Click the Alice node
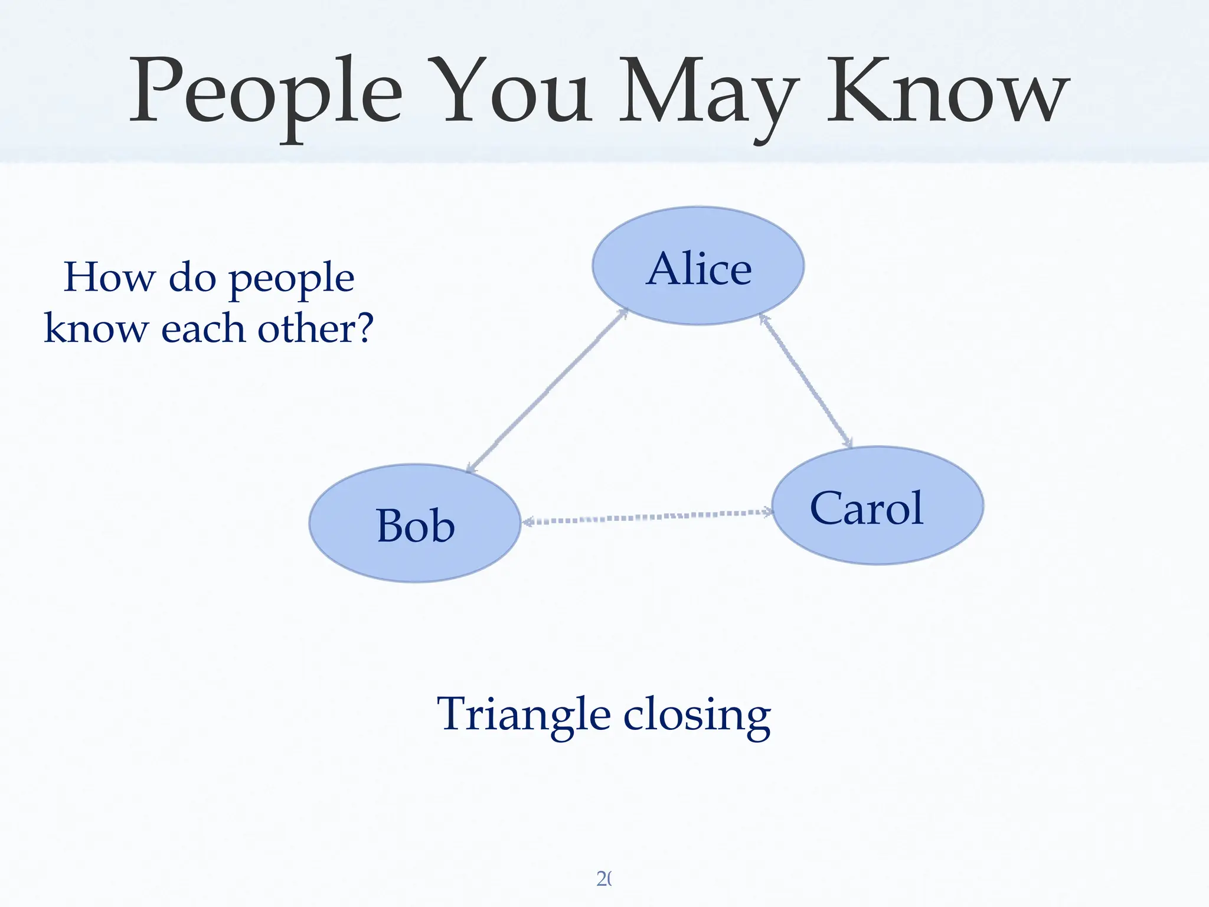698,266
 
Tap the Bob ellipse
415,524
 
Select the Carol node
877,506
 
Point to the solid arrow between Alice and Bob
547,390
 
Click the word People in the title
266,92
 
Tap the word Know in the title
947,92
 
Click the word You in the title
511,92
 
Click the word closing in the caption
697,716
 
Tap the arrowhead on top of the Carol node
848,443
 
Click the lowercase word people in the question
292,279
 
